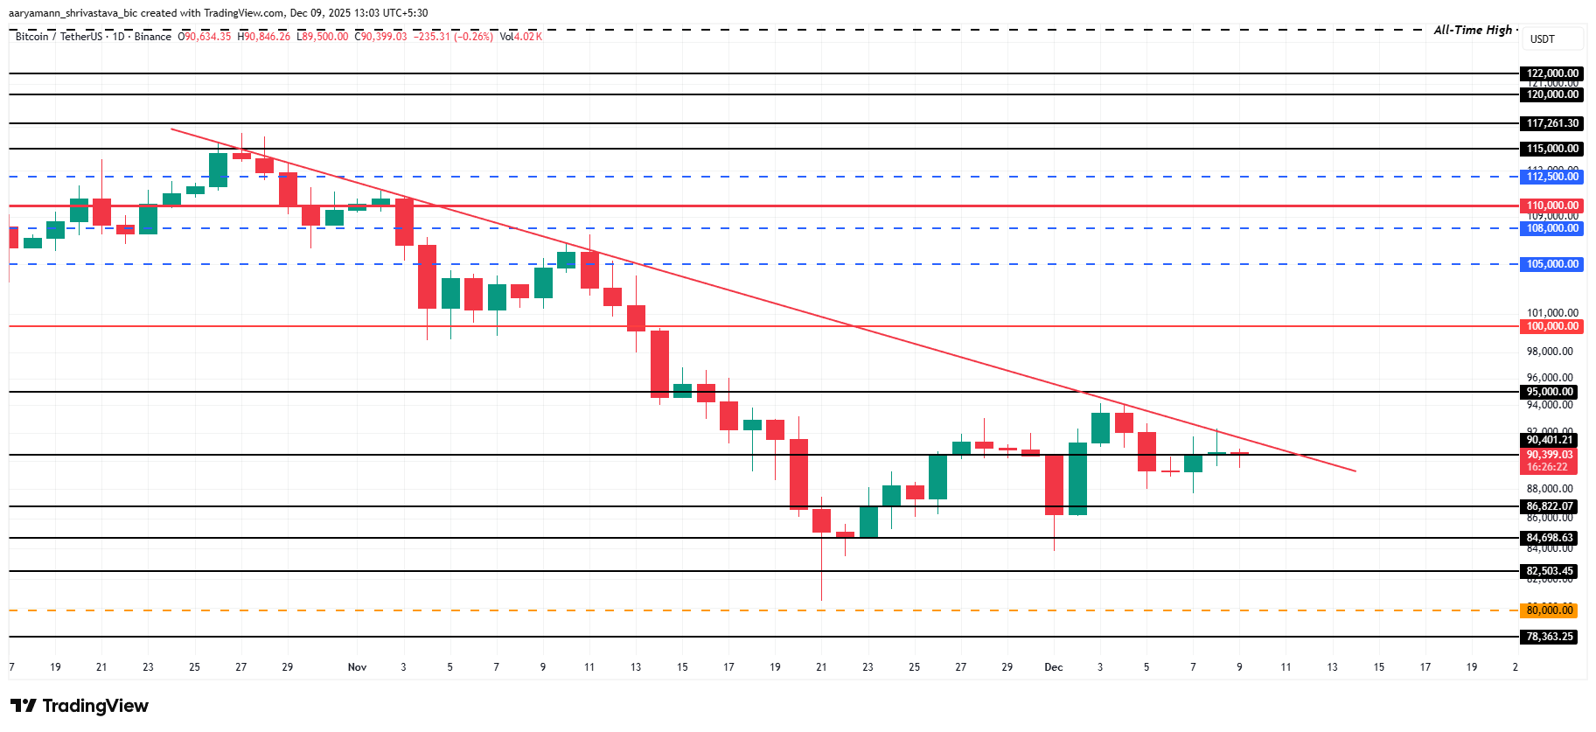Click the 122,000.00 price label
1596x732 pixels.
1552,73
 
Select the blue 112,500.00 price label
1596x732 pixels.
1552,177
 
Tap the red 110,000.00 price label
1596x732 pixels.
1552,206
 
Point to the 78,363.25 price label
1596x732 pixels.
1550,637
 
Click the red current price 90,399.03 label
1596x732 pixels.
1550,456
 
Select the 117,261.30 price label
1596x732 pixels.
1552,123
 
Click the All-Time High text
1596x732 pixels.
1473,30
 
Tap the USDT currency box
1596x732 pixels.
1543,39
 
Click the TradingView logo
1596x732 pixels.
80,706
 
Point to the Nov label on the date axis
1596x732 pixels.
357,667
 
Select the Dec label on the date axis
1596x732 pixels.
1054,667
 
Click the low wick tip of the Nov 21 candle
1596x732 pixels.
822,599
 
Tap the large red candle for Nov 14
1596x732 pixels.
659,364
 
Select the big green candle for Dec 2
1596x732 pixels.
1077,478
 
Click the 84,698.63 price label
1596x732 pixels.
1550,538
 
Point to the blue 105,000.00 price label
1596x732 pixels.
1552,264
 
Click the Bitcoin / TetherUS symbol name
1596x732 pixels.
59,37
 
